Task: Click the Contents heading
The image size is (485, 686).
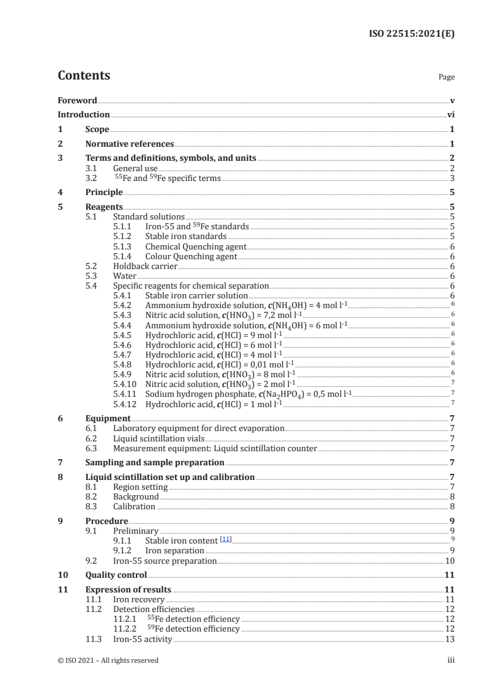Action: coord(84,76)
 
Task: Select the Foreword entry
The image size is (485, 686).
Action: coord(77,100)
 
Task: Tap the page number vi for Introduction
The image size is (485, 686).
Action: coord(451,114)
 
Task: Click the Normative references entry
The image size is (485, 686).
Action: coord(130,144)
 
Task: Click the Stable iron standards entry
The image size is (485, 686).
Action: coord(185,235)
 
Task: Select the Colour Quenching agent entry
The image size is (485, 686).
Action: coord(191,256)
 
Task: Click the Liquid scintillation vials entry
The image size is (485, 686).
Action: coord(158,438)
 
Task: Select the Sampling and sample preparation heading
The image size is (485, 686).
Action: coord(154,462)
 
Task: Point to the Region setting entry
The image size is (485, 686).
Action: coord(140,487)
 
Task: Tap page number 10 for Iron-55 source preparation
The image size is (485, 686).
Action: coord(450,561)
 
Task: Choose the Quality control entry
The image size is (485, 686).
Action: coord(116,575)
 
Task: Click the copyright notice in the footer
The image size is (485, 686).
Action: coord(108,660)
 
